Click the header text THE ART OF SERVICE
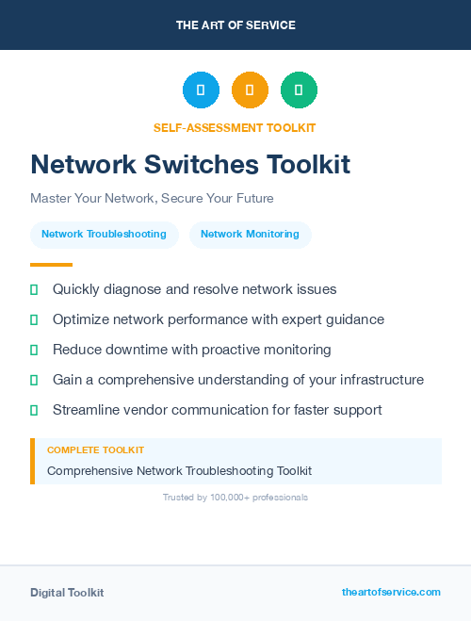235,25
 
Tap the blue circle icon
201,90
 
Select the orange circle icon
250,90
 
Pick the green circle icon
299,90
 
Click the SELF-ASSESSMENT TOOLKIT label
235,128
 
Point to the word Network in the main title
77,165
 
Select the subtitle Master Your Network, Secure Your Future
152,199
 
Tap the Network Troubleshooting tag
104,235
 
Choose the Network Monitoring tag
250,235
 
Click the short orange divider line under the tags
51,265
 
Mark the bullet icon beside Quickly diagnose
34,289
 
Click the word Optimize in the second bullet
80,319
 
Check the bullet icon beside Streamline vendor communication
34,410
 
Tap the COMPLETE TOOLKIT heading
95,450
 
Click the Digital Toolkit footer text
67,593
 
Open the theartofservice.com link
391,592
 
